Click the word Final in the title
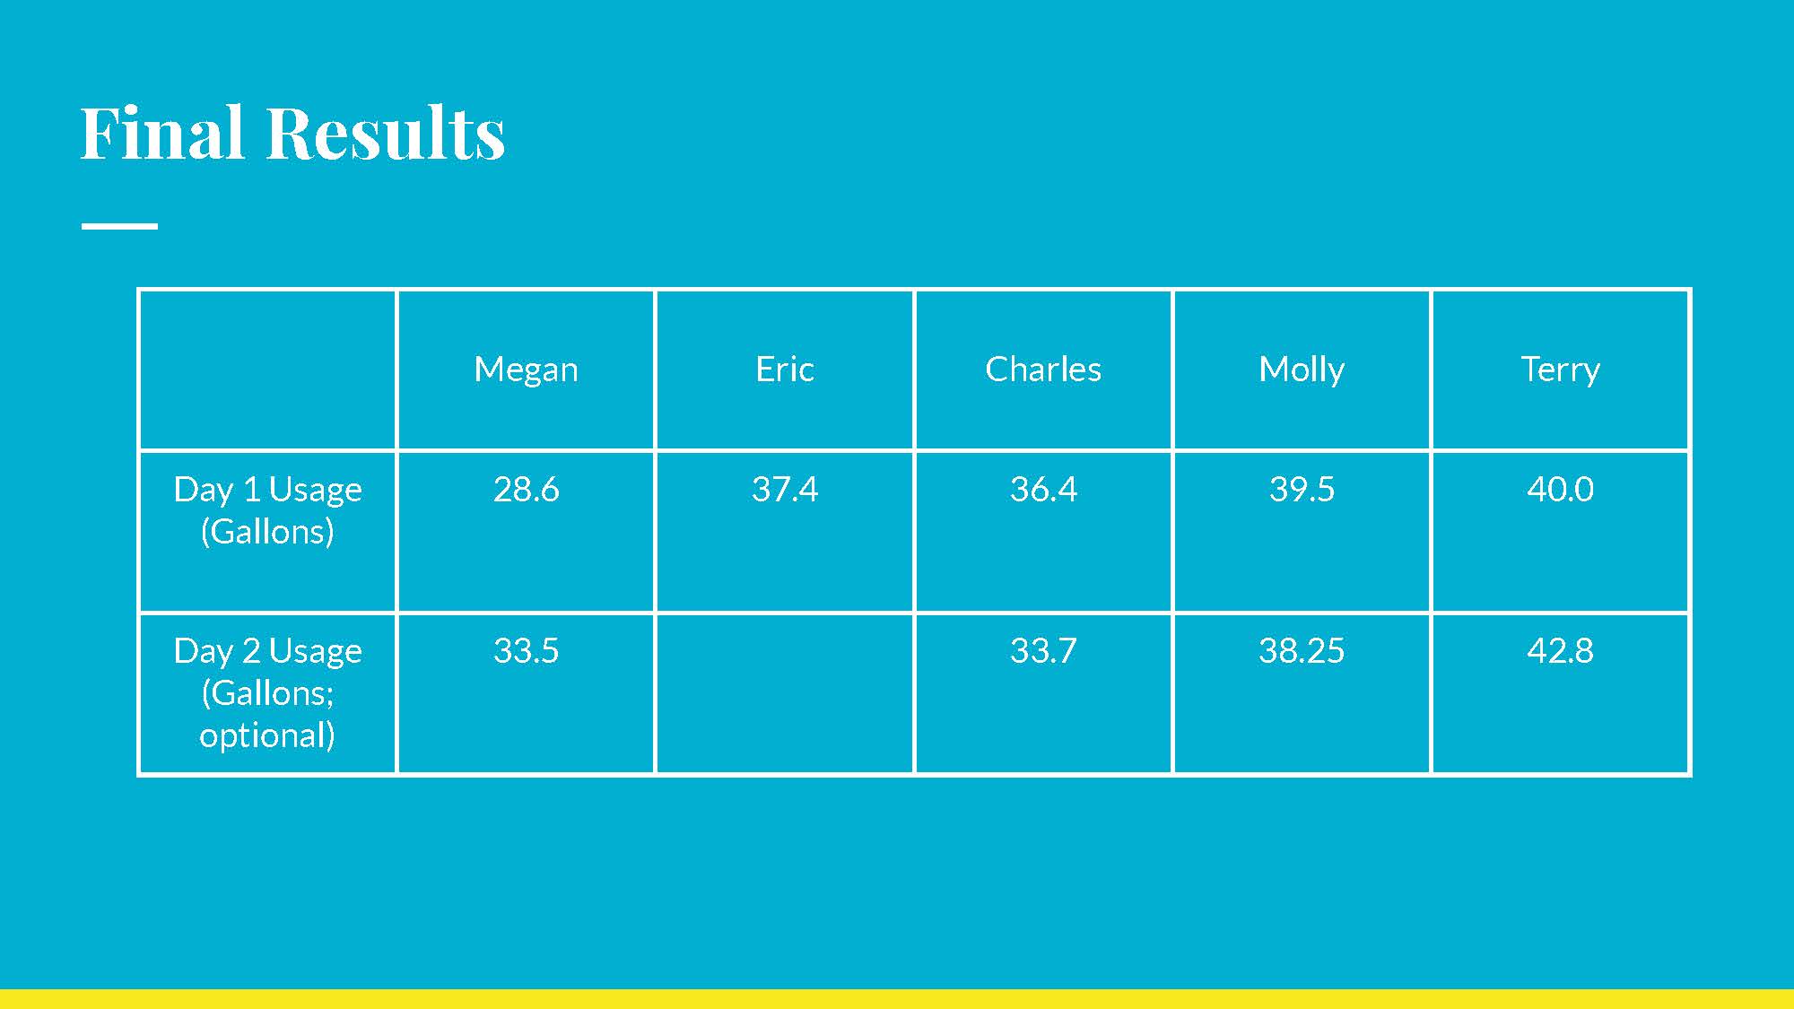coord(162,133)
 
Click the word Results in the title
coord(386,133)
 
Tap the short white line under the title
coord(119,226)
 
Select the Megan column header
coord(526,370)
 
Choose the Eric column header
coord(785,369)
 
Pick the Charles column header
coord(1043,369)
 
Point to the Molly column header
coord(1302,370)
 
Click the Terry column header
coord(1560,370)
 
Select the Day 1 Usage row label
coord(267,510)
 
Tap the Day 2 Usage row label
coord(267,692)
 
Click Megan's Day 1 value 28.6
coord(526,489)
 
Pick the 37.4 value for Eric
coord(785,489)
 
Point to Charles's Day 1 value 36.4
coord(1043,489)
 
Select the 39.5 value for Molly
coord(1302,489)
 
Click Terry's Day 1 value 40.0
coord(1560,489)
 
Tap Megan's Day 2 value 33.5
coord(526,650)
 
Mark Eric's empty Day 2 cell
coord(785,693)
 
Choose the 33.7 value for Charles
coord(1043,650)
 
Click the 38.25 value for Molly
coord(1302,650)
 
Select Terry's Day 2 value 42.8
coord(1560,650)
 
